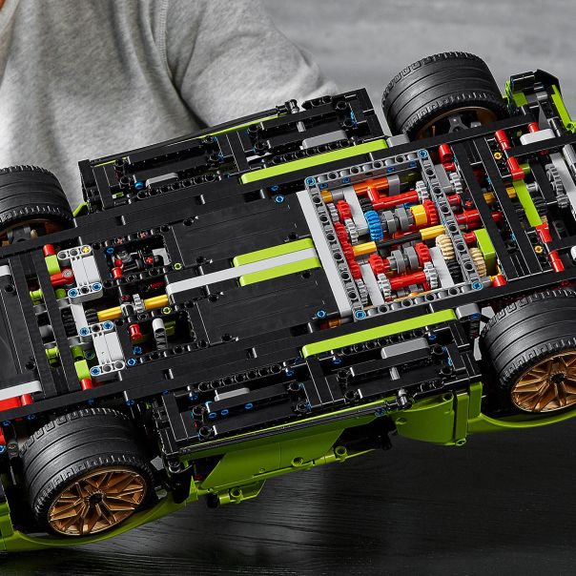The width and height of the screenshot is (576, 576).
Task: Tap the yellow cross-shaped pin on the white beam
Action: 83,252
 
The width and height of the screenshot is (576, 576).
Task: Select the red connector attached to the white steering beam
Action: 59,278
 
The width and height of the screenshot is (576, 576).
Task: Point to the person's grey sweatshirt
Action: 143,67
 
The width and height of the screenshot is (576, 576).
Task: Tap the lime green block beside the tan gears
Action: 485,246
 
